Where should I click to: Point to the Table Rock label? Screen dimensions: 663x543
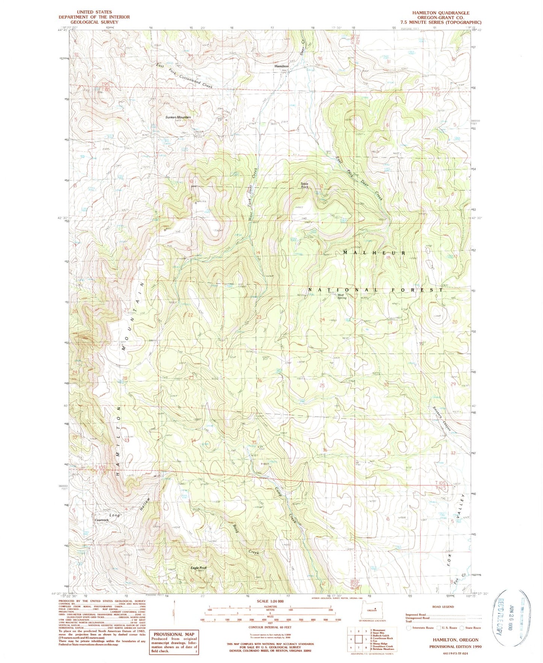(x=304, y=185)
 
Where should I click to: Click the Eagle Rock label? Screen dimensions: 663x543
(x=198, y=568)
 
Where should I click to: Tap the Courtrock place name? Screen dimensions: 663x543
(x=101, y=520)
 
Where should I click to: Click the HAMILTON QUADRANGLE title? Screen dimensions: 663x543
(x=440, y=13)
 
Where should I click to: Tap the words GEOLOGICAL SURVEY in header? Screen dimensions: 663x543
(x=94, y=22)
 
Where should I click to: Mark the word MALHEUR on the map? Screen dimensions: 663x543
(x=374, y=253)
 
